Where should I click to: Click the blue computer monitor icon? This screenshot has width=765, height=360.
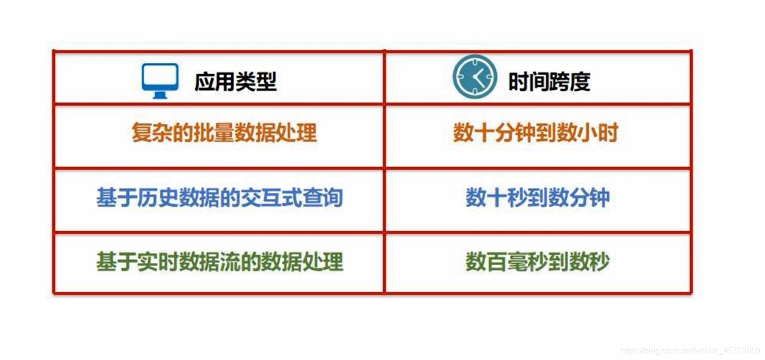(160, 81)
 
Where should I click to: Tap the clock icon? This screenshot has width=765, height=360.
(474, 77)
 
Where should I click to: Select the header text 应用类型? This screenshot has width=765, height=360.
(235, 82)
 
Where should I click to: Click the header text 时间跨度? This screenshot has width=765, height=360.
(550, 82)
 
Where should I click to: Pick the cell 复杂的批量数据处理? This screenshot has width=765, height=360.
(225, 132)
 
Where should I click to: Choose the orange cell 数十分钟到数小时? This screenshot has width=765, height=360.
(536, 132)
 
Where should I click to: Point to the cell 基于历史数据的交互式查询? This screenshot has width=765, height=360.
(219, 197)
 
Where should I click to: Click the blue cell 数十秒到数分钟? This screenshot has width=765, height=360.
(537, 197)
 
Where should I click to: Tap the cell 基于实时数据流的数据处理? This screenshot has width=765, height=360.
(219, 262)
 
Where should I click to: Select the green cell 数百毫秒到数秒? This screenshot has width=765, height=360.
(537, 262)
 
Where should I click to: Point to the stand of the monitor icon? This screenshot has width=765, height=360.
(160, 95)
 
